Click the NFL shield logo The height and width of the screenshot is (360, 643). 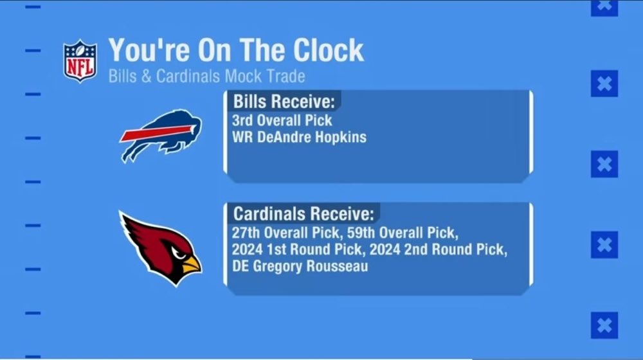(x=80, y=61)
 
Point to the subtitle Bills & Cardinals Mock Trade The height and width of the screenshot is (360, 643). (x=206, y=76)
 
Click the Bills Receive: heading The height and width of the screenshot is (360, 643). (x=282, y=102)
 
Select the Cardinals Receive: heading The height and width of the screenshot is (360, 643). (x=302, y=213)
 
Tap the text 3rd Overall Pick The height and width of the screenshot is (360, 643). (x=282, y=120)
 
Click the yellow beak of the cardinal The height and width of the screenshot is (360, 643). (x=191, y=263)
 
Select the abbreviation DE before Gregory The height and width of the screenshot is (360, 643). (x=241, y=266)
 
